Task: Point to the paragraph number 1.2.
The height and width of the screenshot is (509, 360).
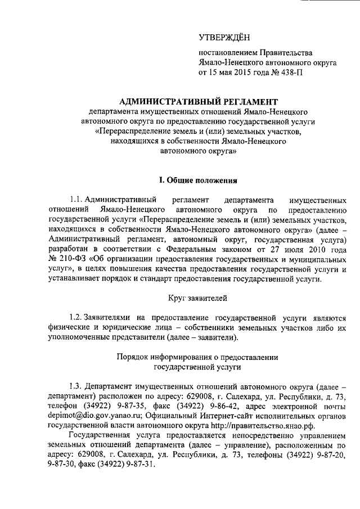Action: [x=76, y=317]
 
